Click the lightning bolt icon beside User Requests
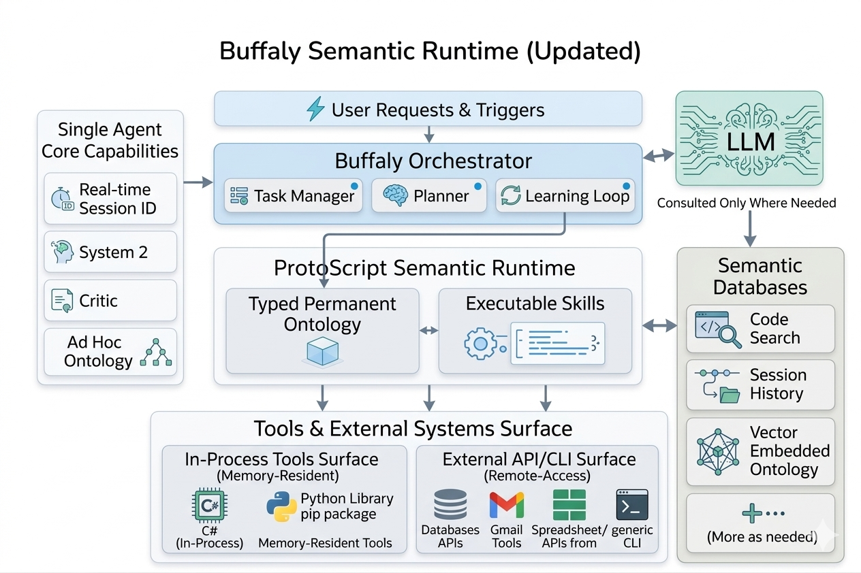(315, 109)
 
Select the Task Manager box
(293, 196)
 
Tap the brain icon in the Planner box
(395, 196)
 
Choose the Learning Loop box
(565, 196)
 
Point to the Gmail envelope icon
(507, 506)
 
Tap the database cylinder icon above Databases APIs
(450, 506)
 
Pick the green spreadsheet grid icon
(569, 505)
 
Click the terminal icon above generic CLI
(631, 505)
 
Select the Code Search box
(760, 329)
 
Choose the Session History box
(760, 384)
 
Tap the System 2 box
(110, 252)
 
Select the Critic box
(110, 301)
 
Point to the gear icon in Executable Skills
(480, 344)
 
